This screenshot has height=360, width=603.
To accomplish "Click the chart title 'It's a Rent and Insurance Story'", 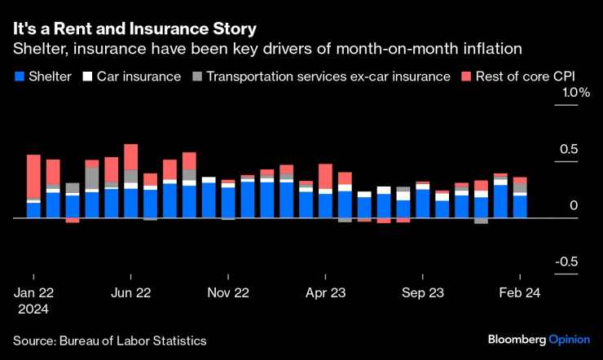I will pos(134,29).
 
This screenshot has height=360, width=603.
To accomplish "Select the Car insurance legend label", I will pos(139,77).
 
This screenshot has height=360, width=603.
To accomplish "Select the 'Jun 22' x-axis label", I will pos(131,292).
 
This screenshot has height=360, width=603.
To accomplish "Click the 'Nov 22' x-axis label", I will pos(228,292).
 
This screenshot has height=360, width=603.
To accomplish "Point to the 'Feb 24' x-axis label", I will pos(519,292).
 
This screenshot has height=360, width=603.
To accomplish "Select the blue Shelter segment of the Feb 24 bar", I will pos(520,206).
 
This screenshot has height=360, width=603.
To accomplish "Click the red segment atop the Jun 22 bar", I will pos(131,157).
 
